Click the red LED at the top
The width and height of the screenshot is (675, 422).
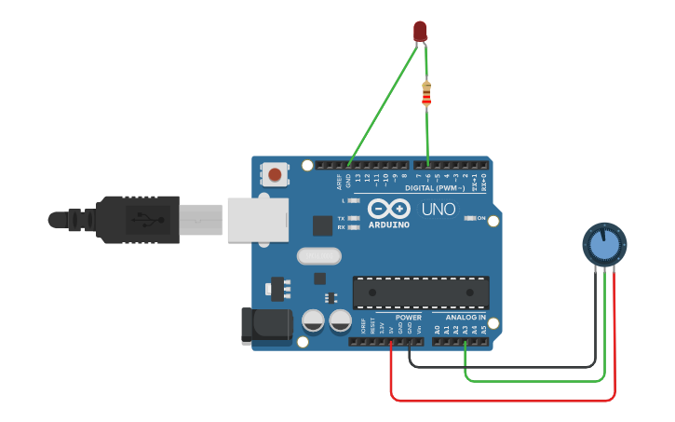[x=420, y=30]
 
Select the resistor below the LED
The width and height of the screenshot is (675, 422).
[x=426, y=93]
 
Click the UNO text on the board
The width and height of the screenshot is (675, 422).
[x=438, y=210]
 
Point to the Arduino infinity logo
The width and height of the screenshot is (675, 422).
[x=387, y=209]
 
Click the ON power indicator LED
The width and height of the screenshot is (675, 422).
[x=470, y=218]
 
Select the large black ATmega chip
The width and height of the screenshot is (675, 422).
[x=421, y=292]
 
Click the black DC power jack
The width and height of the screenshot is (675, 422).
[x=265, y=323]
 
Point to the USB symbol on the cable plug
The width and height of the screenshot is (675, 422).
[x=147, y=219]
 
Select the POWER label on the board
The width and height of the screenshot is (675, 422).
[x=408, y=318]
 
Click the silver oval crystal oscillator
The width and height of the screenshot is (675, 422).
[x=319, y=255]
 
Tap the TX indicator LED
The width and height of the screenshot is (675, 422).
[x=353, y=217]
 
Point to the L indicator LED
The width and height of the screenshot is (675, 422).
[x=353, y=200]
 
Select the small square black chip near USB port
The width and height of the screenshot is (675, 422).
[x=322, y=225]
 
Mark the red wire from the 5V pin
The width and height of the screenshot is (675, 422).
[x=503, y=401]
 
